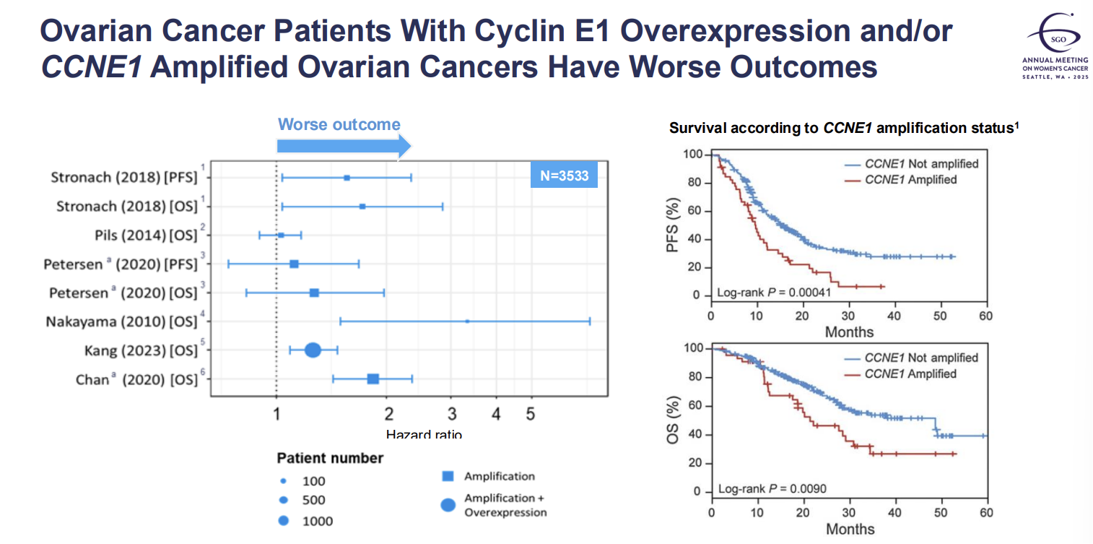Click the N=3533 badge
[564, 176]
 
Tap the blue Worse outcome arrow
[344, 147]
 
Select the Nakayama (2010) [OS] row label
[121, 321]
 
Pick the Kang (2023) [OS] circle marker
[313, 350]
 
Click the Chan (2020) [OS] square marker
[373, 379]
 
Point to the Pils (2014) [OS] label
[146, 235]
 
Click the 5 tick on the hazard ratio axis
[531, 414]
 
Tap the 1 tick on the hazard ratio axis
[276, 414]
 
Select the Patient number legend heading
[330, 458]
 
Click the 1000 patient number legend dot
[283, 520]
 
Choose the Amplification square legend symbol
[448, 477]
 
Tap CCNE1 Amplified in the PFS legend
[910, 180]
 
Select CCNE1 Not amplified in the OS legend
[921, 358]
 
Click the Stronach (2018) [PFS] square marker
[347, 178]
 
